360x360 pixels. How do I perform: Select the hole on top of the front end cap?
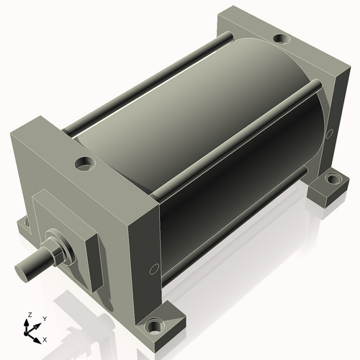click(84, 164)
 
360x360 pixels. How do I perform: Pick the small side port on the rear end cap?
click(329, 132)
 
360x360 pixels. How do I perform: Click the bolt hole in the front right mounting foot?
click(153, 328)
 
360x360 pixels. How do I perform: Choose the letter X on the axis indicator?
click(45, 338)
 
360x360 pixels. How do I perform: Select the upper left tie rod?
click(144, 79)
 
